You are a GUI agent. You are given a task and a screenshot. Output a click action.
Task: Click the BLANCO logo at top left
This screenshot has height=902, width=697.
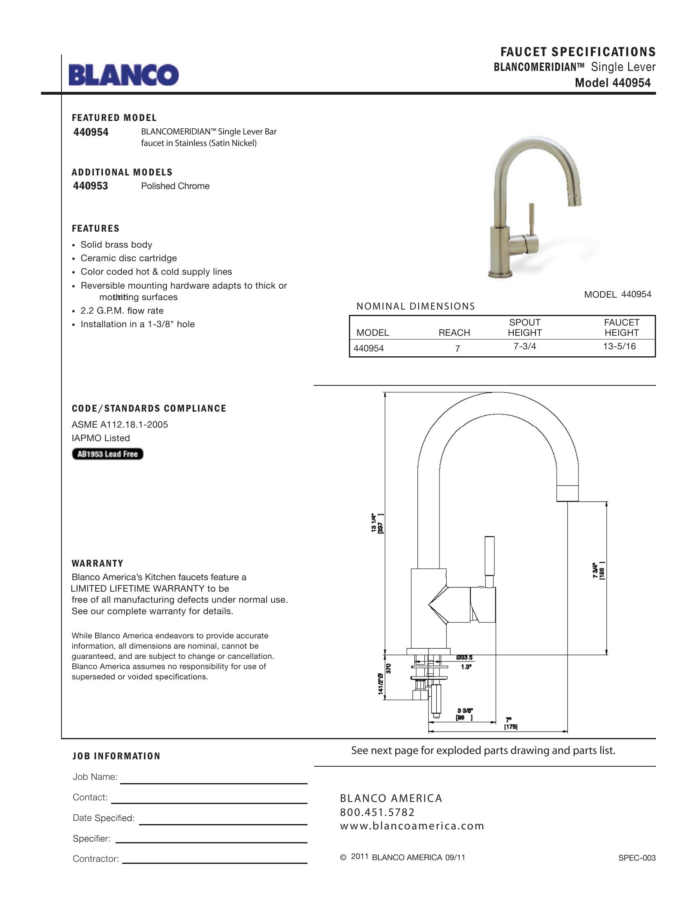tap(123, 75)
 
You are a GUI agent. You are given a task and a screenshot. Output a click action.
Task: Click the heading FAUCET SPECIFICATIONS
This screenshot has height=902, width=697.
tap(578, 52)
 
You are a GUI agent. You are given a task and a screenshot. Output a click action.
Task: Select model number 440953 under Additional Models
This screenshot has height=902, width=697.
tap(91, 186)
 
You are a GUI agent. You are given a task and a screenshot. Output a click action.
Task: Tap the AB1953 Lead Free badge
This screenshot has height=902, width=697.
tap(107, 454)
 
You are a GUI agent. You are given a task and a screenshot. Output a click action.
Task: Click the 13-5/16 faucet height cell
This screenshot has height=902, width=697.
tap(619, 346)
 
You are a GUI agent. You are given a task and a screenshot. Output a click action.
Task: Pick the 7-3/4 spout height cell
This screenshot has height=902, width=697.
tap(524, 346)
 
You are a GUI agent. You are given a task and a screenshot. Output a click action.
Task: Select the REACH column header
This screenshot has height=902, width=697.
tap(454, 333)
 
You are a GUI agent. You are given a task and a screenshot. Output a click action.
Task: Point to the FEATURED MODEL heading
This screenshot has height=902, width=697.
tap(114, 118)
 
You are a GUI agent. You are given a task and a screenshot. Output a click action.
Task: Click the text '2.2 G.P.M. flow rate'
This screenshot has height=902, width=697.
tap(122, 311)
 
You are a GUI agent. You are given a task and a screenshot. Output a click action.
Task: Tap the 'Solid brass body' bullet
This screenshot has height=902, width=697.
tap(116, 244)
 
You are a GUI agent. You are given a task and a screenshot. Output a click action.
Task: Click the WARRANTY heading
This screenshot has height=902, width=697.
tap(98, 563)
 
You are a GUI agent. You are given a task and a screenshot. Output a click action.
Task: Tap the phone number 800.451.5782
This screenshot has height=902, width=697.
tap(377, 812)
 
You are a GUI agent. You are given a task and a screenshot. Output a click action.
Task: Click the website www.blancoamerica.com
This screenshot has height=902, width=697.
tap(412, 826)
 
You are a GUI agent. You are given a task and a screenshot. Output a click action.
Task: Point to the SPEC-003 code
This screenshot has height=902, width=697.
tap(637, 858)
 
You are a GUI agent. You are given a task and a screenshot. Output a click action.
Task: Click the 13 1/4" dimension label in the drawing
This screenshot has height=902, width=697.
tap(377, 523)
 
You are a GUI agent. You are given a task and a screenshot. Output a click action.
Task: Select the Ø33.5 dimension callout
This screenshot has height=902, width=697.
tap(464, 658)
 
